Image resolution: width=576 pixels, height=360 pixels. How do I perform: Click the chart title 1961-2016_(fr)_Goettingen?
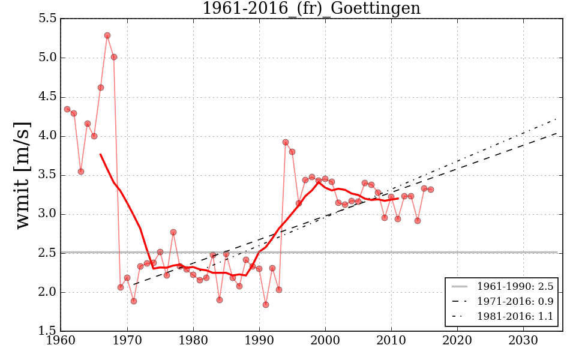coord(311,9)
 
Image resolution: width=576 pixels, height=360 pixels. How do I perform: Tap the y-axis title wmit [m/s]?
coord(23,175)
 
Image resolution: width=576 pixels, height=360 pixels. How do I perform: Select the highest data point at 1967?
coord(107,35)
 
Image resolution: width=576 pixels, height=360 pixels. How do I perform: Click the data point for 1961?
coord(67,109)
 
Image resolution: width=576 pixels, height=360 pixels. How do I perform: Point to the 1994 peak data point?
coord(286,142)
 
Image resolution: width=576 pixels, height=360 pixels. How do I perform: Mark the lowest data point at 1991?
coord(266,305)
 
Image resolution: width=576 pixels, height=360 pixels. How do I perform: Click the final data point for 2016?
coord(431,190)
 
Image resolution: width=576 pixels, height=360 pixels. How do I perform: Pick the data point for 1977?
coord(173,232)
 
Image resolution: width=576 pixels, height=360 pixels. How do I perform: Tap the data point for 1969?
coord(121,287)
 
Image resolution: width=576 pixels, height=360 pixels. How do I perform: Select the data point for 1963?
coord(81,172)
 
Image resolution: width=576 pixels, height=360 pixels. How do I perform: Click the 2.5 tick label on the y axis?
coord(47,254)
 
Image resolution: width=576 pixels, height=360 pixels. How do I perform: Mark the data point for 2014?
coord(418,221)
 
